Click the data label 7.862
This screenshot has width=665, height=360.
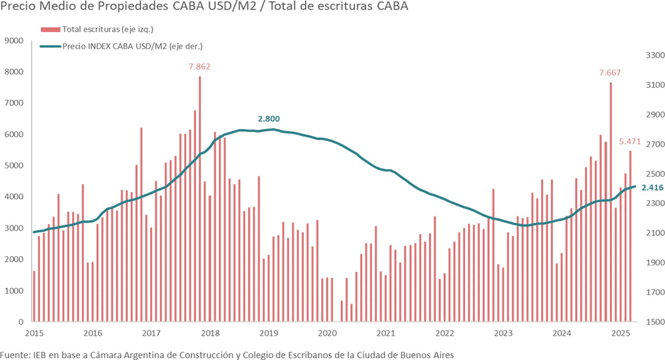pos(199,66)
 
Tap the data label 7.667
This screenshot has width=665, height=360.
pos(610,72)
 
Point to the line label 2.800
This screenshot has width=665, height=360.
pos(269,119)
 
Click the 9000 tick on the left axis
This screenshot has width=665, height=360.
pos(14,41)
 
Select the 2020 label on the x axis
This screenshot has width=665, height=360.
pos(327,333)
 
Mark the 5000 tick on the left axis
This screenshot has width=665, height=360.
pos(14,166)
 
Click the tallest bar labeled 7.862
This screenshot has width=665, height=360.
pos(199,197)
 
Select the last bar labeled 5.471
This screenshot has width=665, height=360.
pos(630,236)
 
